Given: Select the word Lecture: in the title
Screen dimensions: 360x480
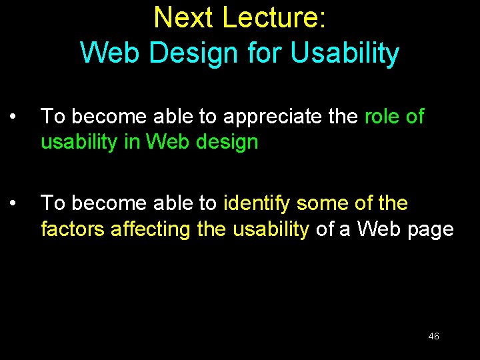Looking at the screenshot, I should tap(274, 18).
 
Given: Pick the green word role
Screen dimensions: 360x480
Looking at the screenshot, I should tap(383, 117).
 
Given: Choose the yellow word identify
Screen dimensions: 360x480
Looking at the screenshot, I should tap(257, 203).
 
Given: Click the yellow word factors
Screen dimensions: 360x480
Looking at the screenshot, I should tap(73, 229).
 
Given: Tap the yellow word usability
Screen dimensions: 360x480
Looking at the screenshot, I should tap(271, 229).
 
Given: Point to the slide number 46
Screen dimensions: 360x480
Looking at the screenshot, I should tap(433, 336).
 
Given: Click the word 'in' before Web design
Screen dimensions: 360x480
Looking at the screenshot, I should tap(136, 143).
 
